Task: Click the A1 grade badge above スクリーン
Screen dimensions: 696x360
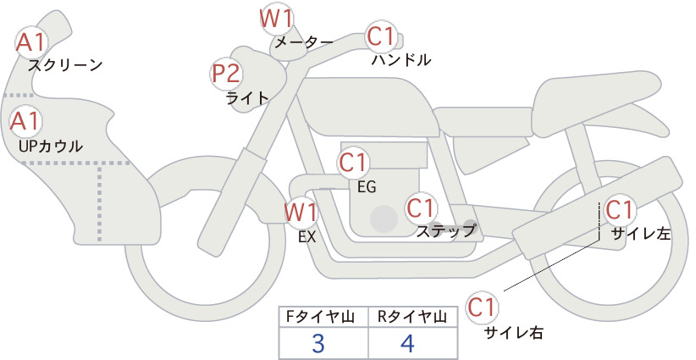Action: pyautogui.click(x=31, y=42)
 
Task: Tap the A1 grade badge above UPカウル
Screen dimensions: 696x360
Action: pyautogui.click(x=25, y=121)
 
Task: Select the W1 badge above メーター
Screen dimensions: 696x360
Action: pyautogui.click(x=277, y=19)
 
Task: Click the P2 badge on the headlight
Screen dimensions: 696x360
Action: pyautogui.click(x=226, y=74)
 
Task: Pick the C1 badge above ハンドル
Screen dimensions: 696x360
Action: pyautogui.click(x=381, y=36)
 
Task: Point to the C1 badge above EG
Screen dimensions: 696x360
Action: pyautogui.click(x=353, y=163)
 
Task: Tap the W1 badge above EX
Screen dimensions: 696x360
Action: pyautogui.click(x=301, y=212)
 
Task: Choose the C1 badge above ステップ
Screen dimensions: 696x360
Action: pyautogui.click(x=421, y=208)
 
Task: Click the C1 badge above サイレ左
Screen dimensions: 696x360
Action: pyautogui.click(x=619, y=210)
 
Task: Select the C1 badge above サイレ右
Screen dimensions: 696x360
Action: pyautogui.click(x=483, y=307)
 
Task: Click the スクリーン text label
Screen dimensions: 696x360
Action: pyautogui.click(x=65, y=65)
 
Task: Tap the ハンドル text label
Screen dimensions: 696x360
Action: pyautogui.click(x=401, y=59)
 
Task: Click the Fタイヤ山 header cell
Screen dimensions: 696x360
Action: pyautogui.click(x=323, y=317)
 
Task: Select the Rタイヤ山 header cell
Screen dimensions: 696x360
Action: pyautogui.click(x=413, y=317)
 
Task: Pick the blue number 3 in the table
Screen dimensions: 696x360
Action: pyautogui.click(x=318, y=343)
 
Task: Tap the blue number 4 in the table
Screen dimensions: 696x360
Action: pyautogui.click(x=407, y=343)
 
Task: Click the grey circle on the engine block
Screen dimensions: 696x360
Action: pyautogui.click(x=384, y=219)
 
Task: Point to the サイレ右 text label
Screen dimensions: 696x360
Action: pyautogui.click(x=514, y=333)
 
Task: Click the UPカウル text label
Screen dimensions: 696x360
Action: pyautogui.click(x=51, y=146)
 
